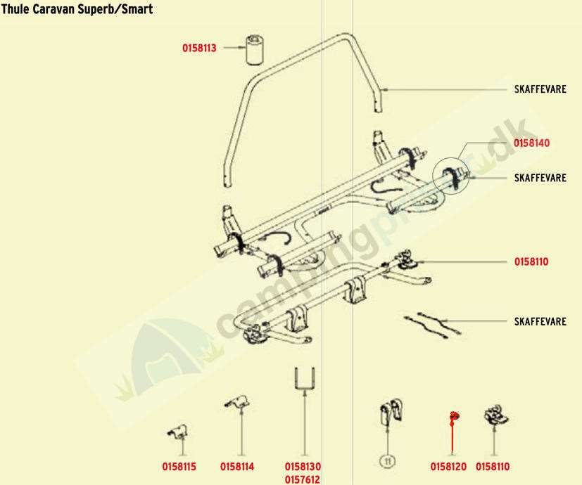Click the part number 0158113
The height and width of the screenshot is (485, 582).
click(199, 48)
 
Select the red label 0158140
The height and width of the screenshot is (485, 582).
click(531, 143)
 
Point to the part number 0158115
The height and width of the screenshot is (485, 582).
click(179, 466)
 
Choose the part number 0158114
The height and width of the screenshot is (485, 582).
click(237, 466)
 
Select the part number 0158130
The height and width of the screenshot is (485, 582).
click(303, 466)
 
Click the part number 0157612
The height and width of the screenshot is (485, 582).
click(303, 479)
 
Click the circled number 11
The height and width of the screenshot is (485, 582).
click(386, 461)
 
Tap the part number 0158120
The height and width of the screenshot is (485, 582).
click(448, 466)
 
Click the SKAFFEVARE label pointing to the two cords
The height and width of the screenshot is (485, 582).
click(540, 322)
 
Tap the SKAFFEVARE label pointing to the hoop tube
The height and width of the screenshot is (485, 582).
click(540, 89)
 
